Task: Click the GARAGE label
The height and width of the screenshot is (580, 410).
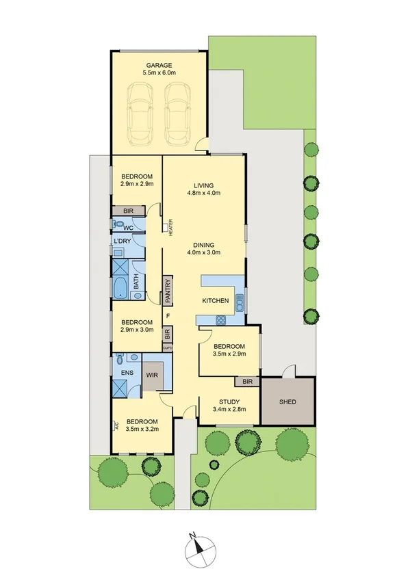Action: coord(159,66)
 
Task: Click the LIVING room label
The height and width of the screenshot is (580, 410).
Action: coord(204,185)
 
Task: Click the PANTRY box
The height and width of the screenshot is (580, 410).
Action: coord(166,290)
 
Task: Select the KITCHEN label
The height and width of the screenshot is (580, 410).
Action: coord(215,301)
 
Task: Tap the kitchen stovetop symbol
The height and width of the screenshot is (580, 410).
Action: coord(221,319)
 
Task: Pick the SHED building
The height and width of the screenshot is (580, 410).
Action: coord(288,401)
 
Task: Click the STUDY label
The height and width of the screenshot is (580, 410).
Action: coord(229,402)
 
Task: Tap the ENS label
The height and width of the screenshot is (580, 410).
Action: coord(127,373)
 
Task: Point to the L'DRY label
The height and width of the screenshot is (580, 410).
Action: coord(123,241)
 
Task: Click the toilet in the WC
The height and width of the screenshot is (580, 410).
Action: coord(119,224)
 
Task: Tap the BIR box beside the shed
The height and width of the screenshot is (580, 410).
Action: coord(247,382)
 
